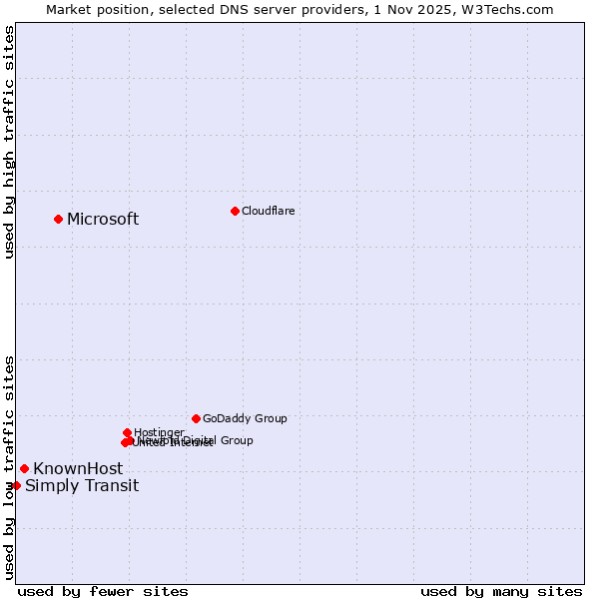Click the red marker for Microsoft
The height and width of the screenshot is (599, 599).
pos(58,219)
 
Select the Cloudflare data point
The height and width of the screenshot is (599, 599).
pos(235,211)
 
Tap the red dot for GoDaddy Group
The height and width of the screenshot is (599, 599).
pos(196,418)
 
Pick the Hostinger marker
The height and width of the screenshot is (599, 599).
pos(127,432)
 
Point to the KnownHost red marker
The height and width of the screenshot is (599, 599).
pos(24,468)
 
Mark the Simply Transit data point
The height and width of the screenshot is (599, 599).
pos(16,485)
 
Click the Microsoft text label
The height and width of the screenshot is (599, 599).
pos(103,220)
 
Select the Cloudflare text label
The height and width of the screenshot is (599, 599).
pos(268,211)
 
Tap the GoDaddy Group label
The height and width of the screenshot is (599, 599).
pos(245,419)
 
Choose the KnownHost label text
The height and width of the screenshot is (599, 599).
pos(78,469)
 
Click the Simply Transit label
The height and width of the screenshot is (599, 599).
pos(82,486)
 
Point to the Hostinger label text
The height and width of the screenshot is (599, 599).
pos(159,432)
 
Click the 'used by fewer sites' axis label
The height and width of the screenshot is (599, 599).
pos(103,592)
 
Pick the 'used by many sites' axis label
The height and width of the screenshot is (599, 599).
pos(501,592)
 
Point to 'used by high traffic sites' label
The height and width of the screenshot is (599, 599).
pos(9,142)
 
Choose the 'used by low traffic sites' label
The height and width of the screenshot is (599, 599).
pos(9,466)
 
